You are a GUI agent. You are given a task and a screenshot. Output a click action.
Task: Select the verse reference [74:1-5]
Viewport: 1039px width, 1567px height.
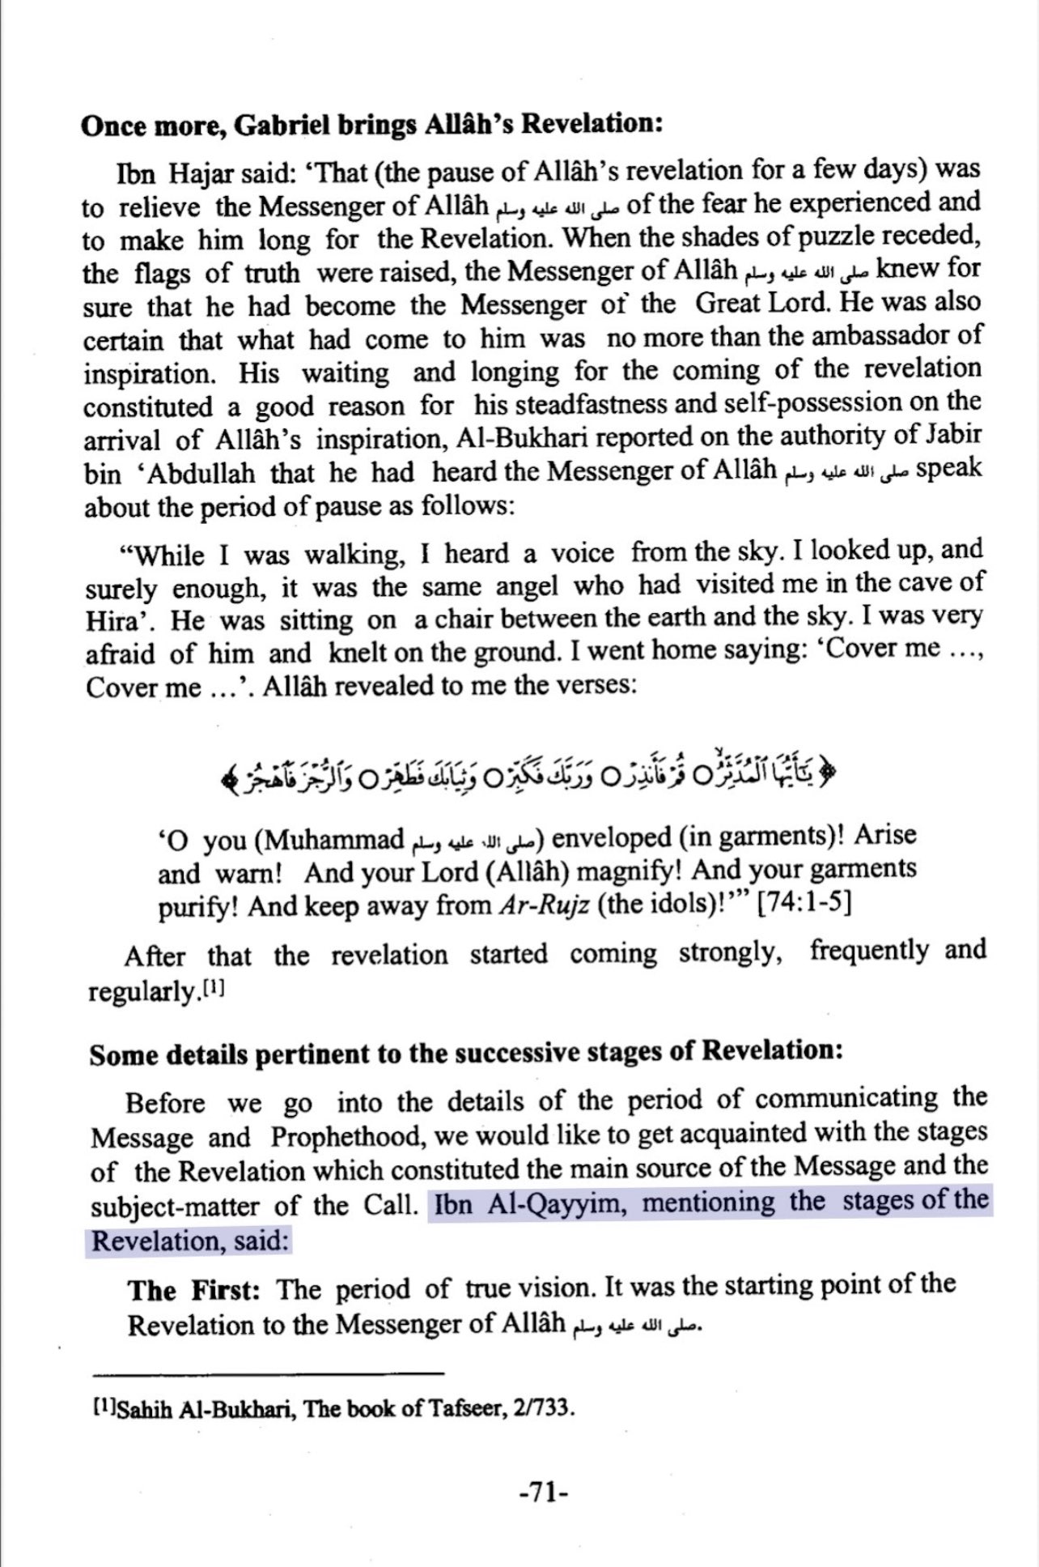[803, 902]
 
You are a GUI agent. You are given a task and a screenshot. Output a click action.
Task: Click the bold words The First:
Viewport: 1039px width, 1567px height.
[193, 1288]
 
